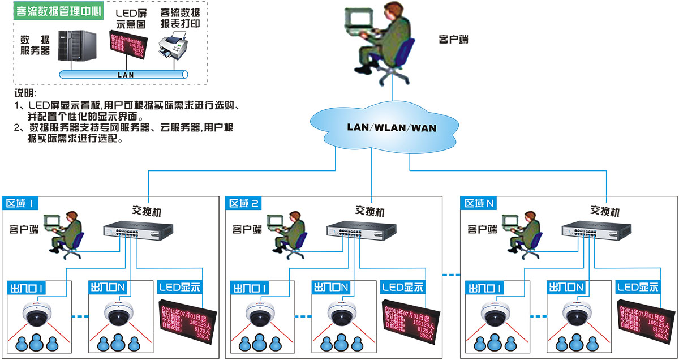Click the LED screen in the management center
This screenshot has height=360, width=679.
coord(128,46)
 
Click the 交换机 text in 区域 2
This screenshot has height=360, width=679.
coord(369,211)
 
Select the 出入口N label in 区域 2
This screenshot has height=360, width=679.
coord(330,288)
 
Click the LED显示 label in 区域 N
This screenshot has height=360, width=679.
coord(638,287)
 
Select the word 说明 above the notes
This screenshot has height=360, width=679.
coord(25,93)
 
